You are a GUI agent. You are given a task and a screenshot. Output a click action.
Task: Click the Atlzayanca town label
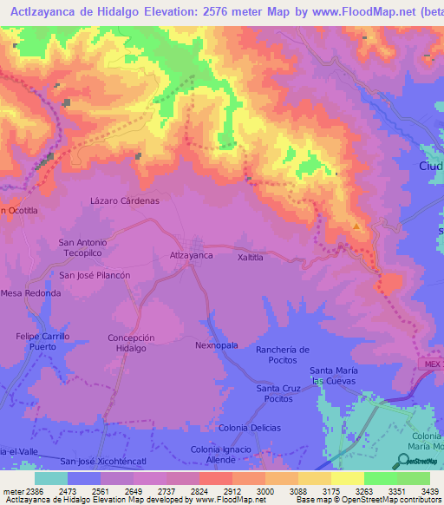(191, 256)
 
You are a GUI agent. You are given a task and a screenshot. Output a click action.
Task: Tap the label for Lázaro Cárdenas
(125, 200)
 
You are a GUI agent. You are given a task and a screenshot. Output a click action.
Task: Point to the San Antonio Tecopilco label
(82, 247)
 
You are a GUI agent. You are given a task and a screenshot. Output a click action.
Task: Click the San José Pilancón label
(95, 274)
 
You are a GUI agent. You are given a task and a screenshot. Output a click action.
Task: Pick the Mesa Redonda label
(31, 293)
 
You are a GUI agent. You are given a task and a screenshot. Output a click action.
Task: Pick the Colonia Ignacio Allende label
(224, 454)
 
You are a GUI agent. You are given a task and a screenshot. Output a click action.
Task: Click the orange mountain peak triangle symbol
(356, 227)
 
